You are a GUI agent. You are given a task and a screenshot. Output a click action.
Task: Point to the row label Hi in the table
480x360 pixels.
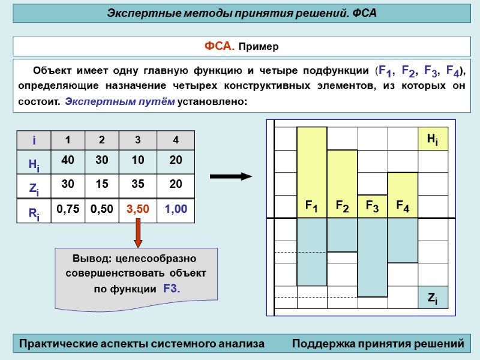point(34,163)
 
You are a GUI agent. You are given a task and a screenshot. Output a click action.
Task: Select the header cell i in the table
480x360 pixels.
point(34,140)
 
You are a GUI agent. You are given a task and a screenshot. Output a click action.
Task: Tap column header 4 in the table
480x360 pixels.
point(176,140)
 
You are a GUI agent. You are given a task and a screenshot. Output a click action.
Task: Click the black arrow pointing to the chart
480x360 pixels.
point(231,176)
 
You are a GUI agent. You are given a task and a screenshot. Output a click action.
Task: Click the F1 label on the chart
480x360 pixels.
point(311,206)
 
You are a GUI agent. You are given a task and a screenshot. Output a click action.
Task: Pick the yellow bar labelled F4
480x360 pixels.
point(403,189)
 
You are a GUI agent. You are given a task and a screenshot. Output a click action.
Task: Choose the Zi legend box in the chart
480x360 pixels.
point(433,297)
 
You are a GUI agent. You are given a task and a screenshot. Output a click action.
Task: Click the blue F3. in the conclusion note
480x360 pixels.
point(172,289)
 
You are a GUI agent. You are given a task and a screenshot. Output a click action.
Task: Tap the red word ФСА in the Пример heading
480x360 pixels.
point(217,46)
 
